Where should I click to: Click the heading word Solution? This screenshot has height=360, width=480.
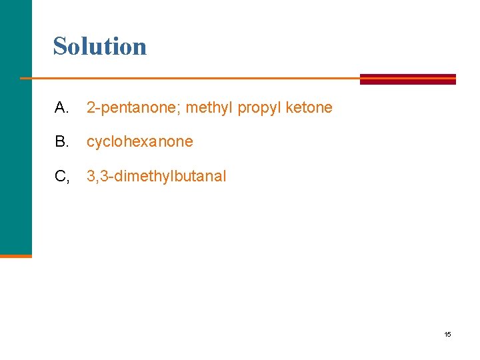click(100, 46)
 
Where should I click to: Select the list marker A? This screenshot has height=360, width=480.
click(61, 107)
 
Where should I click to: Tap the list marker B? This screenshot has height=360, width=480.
click(61, 142)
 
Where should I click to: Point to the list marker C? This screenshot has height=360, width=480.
click(63, 177)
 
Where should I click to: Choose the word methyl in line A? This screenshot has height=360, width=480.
click(207, 107)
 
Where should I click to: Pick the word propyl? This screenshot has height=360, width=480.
click(255, 107)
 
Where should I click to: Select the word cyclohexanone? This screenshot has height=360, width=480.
click(139, 142)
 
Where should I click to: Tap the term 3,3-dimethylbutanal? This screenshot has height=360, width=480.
click(156, 177)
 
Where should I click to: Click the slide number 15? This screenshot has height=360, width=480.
click(447, 334)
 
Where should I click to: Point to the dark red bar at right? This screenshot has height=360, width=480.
click(408, 79)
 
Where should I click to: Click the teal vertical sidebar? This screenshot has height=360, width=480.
click(15, 127)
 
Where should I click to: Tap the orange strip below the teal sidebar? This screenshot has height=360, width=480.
click(15, 255)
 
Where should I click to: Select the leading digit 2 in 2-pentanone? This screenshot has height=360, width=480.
click(91, 107)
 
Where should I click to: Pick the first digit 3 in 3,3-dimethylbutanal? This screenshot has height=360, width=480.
click(91, 177)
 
